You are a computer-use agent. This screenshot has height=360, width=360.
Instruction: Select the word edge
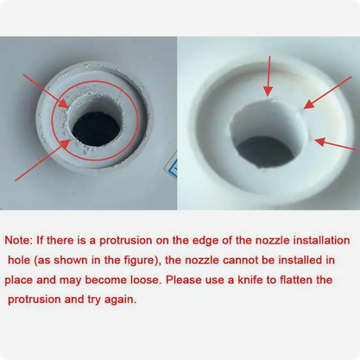coord(205,241)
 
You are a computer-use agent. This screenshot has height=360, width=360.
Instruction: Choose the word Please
coord(183,280)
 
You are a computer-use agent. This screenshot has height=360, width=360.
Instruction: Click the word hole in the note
coord(19,260)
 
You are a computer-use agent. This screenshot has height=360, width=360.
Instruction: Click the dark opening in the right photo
coord(266,152)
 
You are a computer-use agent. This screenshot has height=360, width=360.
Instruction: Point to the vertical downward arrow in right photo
coord(268,76)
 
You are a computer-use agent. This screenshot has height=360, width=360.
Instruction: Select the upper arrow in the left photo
coord(46,91)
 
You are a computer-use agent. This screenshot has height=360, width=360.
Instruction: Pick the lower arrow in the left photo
coord(42,160)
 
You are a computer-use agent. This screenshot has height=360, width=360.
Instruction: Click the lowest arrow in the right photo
coord(335,144)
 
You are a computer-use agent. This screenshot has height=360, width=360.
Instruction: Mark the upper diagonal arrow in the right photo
coord(327,92)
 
